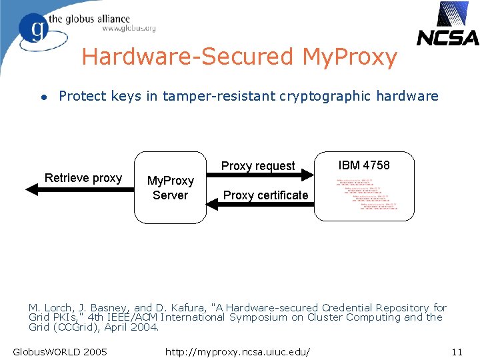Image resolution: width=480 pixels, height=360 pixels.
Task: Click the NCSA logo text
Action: (447, 37)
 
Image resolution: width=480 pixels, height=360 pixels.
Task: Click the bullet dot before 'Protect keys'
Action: (43, 97)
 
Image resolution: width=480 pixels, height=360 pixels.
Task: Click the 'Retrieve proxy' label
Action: (83, 178)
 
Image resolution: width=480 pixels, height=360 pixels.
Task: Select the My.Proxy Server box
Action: (170, 188)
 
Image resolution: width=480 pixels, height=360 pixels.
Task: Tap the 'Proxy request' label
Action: (258, 166)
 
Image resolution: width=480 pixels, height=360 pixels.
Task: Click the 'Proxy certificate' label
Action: (265, 195)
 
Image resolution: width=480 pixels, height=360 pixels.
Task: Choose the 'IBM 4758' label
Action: (364, 165)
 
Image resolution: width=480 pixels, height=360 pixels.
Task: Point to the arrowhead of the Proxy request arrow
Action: (307, 175)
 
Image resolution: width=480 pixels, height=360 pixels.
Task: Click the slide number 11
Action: (457, 351)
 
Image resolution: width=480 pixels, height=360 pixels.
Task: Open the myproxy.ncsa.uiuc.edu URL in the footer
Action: (241, 351)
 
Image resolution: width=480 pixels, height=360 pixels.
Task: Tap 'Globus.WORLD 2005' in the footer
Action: (60, 351)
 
